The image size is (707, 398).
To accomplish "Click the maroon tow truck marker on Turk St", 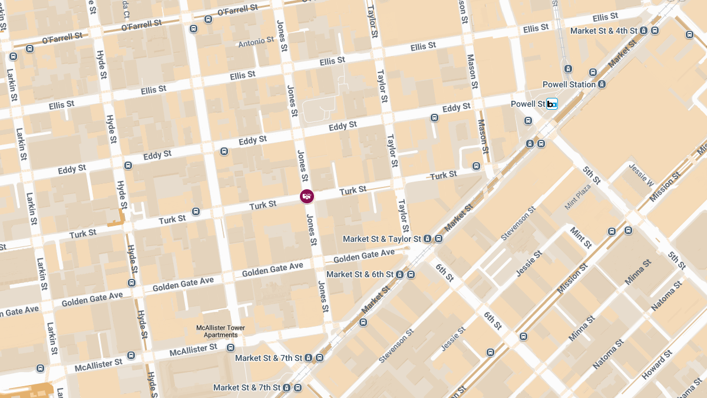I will pyautogui.click(x=306, y=196).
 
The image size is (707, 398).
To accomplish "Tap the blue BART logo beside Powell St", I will pyautogui.click(x=552, y=104).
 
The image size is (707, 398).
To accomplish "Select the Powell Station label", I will pyautogui.click(x=569, y=84).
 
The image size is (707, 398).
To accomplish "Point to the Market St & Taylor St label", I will pyautogui.click(x=382, y=239).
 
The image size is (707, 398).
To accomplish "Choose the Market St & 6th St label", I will pyautogui.click(x=359, y=274).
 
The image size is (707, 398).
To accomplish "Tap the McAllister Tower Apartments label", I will pyautogui.click(x=220, y=331).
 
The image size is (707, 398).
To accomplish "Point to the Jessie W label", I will pyautogui.click(x=642, y=175).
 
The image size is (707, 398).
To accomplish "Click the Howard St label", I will pyautogui.click(x=656, y=366).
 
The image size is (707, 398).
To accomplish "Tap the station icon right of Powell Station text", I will pyautogui.click(x=602, y=84).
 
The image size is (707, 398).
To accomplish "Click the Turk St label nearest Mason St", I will pyautogui.click(x=443, y=175).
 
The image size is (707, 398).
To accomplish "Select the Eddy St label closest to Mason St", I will pyautogui.click(x=456, y=107).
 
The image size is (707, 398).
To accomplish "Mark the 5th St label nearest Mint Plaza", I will pyautogui.click(x=592, y=175).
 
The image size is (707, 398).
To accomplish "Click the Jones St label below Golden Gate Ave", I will pyautogui.click(x=322, y=296).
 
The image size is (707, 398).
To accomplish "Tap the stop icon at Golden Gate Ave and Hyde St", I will pyautogui.click(x=131, y=283).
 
